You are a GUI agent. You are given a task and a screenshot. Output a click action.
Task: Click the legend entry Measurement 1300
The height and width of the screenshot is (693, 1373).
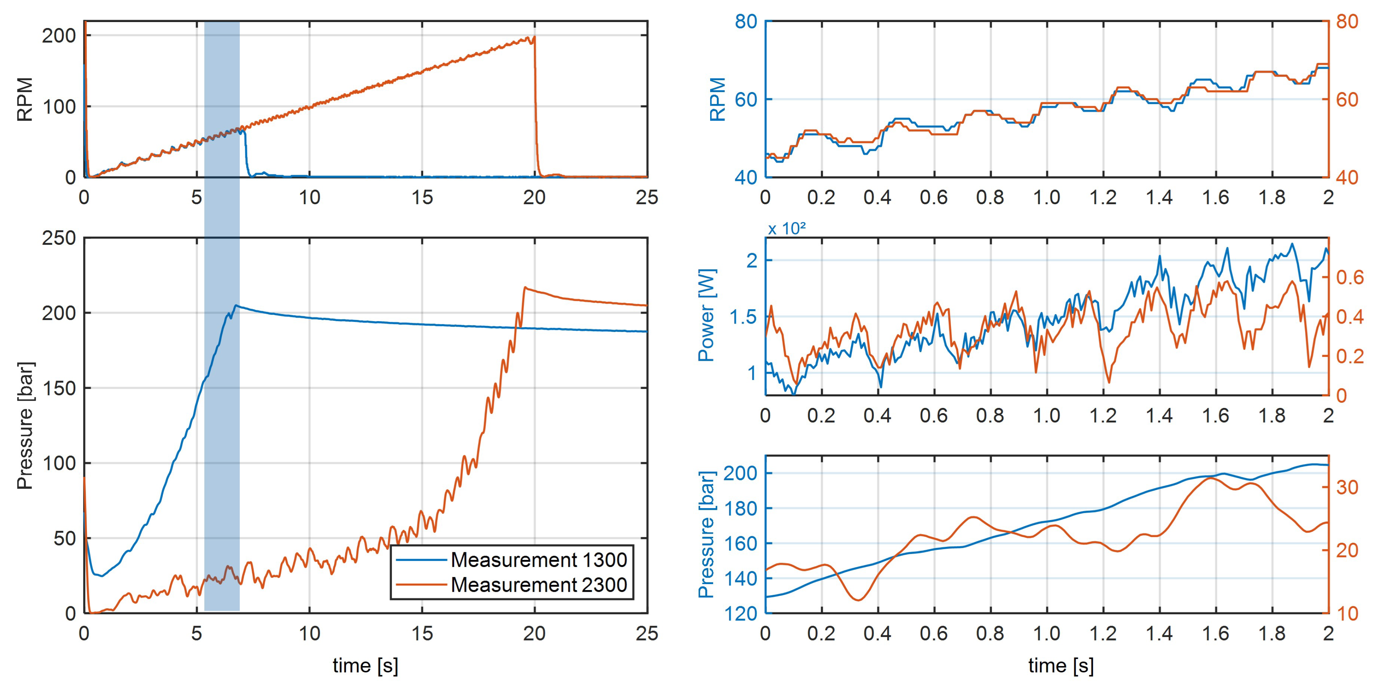(x=538, y=560)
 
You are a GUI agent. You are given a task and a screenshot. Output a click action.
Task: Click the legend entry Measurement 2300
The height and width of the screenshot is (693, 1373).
(x=538, y=585)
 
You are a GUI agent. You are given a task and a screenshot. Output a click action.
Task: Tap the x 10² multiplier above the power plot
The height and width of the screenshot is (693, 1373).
(x=786, y=229)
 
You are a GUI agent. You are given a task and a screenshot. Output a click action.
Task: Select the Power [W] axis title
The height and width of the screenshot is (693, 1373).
(x=707, y=316)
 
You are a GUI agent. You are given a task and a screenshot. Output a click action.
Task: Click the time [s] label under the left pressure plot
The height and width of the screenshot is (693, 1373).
(x=366, y=665)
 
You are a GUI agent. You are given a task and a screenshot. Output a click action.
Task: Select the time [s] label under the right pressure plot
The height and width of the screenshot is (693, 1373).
(x=1061, y=665)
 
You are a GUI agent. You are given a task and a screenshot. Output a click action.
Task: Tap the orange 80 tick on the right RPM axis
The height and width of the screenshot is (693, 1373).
(x=1347, y=22)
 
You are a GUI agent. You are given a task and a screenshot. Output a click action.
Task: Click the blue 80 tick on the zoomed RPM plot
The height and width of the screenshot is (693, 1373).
(x=746, y=22)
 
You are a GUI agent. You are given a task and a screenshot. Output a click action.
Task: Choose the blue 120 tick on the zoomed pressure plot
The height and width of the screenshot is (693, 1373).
(x=740, y=614)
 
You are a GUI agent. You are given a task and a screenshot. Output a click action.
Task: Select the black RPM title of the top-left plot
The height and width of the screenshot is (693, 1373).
(x=25, y=99)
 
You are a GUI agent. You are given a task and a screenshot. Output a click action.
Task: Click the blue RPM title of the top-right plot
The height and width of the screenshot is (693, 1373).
(x=718, y=99)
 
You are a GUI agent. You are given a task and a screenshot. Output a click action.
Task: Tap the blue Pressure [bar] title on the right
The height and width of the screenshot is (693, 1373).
(x=707, y=534)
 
